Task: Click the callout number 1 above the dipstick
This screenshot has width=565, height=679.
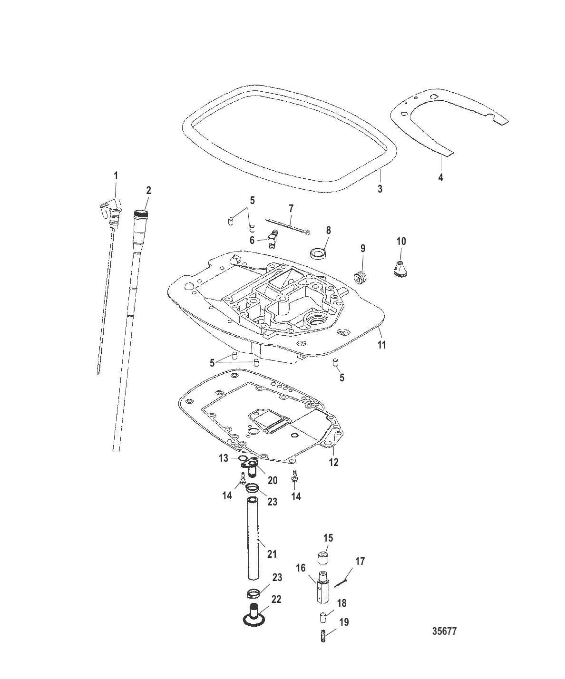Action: pos(116,176)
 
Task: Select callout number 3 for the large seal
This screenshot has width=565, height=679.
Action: pos(380,189)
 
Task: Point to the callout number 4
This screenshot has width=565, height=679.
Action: pos(441,177)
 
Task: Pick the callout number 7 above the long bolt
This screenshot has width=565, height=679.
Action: pos(291,208)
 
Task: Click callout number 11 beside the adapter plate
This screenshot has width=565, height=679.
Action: pos(381,345)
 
